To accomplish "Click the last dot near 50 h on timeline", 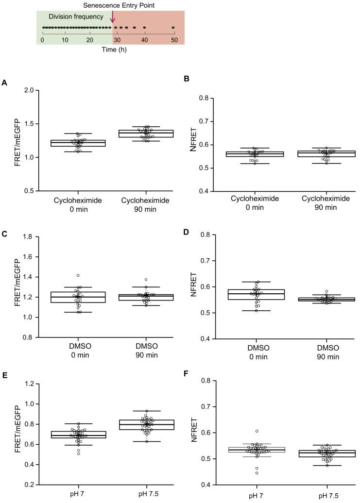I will (173, 28).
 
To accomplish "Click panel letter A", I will (4, 83).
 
